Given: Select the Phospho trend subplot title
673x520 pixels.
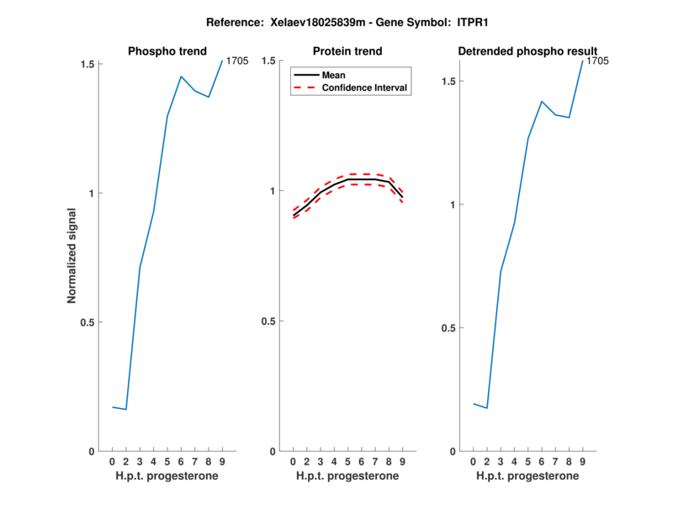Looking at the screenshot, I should pos(167,51).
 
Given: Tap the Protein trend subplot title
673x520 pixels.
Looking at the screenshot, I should pos(347,51).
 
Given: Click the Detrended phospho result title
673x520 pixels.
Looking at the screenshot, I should pos(527,51).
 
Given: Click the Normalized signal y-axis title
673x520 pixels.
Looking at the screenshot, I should pos(72,257).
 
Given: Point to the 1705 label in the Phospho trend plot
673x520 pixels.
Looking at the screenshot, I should pos(236,61).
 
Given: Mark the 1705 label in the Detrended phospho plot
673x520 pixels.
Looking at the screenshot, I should pos(597,61).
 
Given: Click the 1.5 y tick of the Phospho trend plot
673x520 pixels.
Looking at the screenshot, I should pos(85,64).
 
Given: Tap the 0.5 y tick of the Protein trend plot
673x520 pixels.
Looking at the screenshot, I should pos(269,321).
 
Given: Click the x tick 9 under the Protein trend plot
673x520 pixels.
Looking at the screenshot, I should pos(403,462).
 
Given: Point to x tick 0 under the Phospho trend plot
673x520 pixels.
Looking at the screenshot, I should pos(112,462).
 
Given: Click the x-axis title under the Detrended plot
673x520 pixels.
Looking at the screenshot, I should pos(527,476).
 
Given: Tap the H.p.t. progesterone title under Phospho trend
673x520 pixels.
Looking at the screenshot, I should pos(167,476).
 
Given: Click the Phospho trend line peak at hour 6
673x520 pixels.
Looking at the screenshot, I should pos(181,77).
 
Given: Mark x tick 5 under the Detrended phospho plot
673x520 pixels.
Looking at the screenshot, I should pos(527,462).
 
